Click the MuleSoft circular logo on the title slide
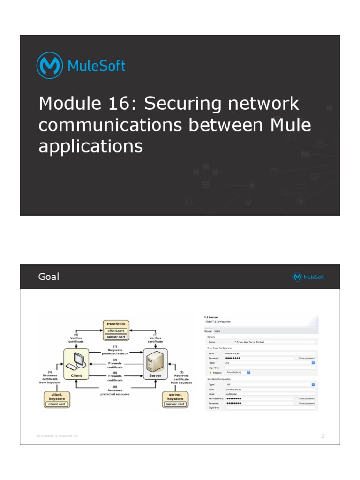50,66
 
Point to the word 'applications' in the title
90,147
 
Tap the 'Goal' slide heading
49,277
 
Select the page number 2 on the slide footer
322,436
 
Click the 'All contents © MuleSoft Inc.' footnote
58,436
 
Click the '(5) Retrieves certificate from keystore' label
50,377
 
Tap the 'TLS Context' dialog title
212,317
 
